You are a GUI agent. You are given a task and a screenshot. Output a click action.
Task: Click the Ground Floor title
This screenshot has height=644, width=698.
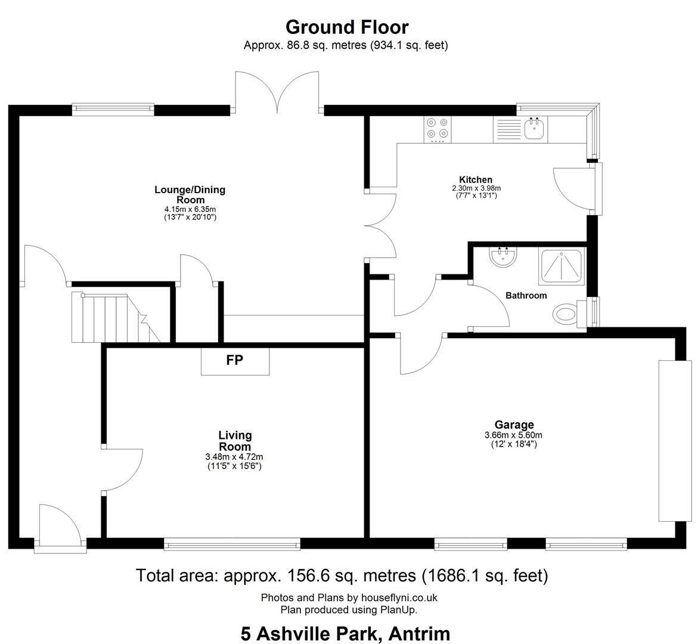coord(347,27)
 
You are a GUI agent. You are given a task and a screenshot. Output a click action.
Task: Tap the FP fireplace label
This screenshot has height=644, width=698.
coord(235,360)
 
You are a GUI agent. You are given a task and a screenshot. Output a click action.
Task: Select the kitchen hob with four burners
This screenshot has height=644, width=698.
coord(437,129)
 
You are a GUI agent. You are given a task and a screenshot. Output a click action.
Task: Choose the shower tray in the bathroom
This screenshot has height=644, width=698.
coord(561,267)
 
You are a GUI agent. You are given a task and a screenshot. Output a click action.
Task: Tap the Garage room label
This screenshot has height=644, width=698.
coord(514,425)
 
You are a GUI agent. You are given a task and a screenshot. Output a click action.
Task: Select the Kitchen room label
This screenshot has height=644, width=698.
coord(476,179)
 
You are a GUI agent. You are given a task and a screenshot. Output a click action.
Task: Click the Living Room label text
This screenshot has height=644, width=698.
coord(235,441)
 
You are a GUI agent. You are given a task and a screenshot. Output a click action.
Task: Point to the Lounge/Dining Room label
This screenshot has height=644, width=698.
coord(190,194)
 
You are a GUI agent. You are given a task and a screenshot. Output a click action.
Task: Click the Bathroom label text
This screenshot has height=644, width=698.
coord(526,295)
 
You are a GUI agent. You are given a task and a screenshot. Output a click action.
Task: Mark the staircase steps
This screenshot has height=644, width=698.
coord(116,318)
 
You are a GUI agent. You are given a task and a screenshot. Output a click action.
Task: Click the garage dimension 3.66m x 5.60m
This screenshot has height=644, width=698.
coord(513,435)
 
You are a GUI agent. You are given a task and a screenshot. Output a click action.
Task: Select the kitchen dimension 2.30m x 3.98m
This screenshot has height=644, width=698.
coord(476,188)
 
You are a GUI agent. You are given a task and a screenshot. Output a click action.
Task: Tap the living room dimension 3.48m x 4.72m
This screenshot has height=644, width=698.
coord(234,457)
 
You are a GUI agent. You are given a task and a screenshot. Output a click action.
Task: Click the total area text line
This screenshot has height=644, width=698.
coord(342,576)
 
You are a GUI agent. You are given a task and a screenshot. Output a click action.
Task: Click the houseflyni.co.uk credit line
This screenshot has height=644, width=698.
coord(349,597)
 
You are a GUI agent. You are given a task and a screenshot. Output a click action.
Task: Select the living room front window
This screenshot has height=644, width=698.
coord(232,544)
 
